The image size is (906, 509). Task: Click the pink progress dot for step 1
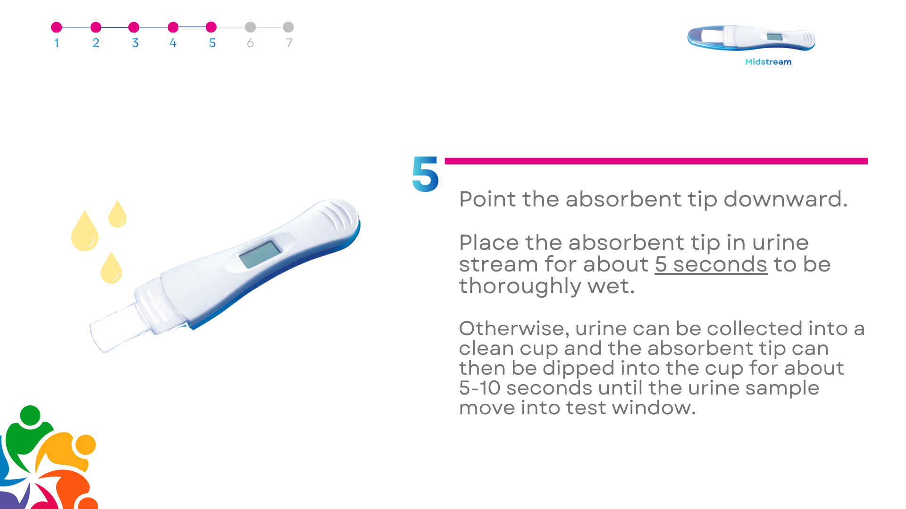pos(56,27)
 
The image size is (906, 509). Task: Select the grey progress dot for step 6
pos(251,27)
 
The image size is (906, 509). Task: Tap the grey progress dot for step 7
pos(288,27)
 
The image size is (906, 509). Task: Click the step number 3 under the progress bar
pos(135,43)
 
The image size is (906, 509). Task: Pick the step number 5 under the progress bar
pos(212,43)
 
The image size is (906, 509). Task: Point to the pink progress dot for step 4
pos(173,27)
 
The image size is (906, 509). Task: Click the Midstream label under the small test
pos(768,62)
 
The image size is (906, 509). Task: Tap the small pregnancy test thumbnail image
pos(751,38)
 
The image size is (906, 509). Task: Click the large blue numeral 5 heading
pos(425,174)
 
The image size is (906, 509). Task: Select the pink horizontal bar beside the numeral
pos(656,161)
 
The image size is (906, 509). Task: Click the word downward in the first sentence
pos(786,199)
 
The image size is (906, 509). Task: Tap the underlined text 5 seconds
pos(711,264)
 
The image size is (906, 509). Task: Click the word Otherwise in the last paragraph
pos(514,328)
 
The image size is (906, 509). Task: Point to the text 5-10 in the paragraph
pos(479,388)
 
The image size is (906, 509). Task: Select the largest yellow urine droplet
pos(85,230)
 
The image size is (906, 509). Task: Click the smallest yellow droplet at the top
pos(117,214)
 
